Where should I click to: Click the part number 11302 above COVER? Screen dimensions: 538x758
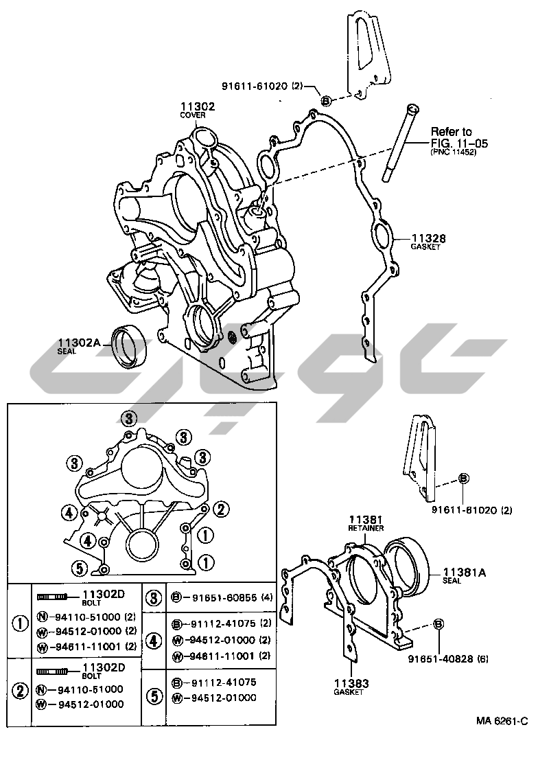click(198, 106)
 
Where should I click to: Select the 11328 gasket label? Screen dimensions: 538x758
click(428, 238)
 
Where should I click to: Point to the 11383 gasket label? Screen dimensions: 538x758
click(351, 683)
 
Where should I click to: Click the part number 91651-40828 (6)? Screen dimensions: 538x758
click(447, 658)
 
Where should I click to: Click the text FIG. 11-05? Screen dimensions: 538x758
click(459, 143)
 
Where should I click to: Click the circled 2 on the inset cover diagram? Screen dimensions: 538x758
click(221, 509)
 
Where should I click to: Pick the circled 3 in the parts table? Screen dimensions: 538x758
click(154, 598)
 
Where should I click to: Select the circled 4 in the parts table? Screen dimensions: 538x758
click(154, 641)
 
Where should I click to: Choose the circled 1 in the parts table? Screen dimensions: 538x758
click(20, 624)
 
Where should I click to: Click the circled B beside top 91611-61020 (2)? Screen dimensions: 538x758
click(326, 100)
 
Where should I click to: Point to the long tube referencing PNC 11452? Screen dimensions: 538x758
click(399, 143)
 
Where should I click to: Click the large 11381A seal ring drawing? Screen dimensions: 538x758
click(407, 569)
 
